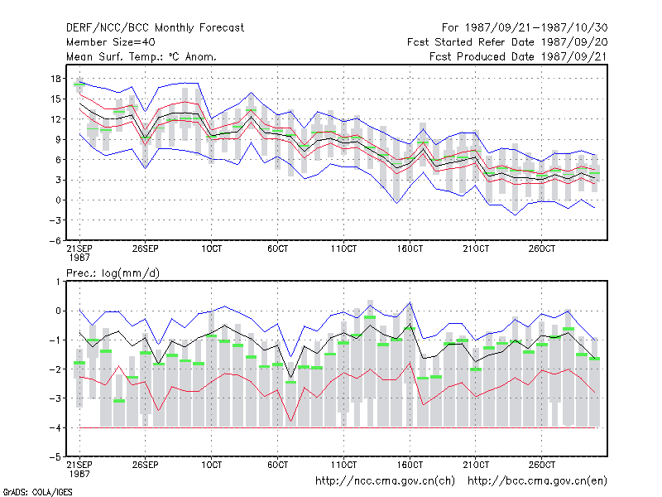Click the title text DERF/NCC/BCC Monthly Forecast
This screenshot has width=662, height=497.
[155, 28]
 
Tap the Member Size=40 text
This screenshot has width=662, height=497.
[111, 42]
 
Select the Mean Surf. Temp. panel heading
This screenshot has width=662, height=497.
[142, 56]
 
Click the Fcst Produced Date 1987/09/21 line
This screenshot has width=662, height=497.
[518, 56]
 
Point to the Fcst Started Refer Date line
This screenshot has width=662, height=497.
[507, 42]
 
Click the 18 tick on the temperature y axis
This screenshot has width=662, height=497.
[55, 79]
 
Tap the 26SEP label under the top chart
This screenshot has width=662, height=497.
[146, 248]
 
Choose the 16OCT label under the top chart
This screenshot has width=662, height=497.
[410, 248]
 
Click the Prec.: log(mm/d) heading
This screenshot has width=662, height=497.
[113, 273]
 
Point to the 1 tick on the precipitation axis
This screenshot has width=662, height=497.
[58, 282]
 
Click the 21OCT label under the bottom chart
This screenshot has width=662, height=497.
[476, 465]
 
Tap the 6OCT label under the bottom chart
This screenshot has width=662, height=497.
[277, 465]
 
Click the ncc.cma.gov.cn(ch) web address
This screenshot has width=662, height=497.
[385, 481]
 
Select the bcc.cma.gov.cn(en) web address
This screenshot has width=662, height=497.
[537, 481]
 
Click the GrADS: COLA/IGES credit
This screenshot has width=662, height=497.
[37, 492]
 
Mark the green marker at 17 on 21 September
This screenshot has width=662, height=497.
[79, 84]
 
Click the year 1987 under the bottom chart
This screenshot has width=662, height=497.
[79, 474]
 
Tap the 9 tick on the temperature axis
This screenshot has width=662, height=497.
[58, 139]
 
